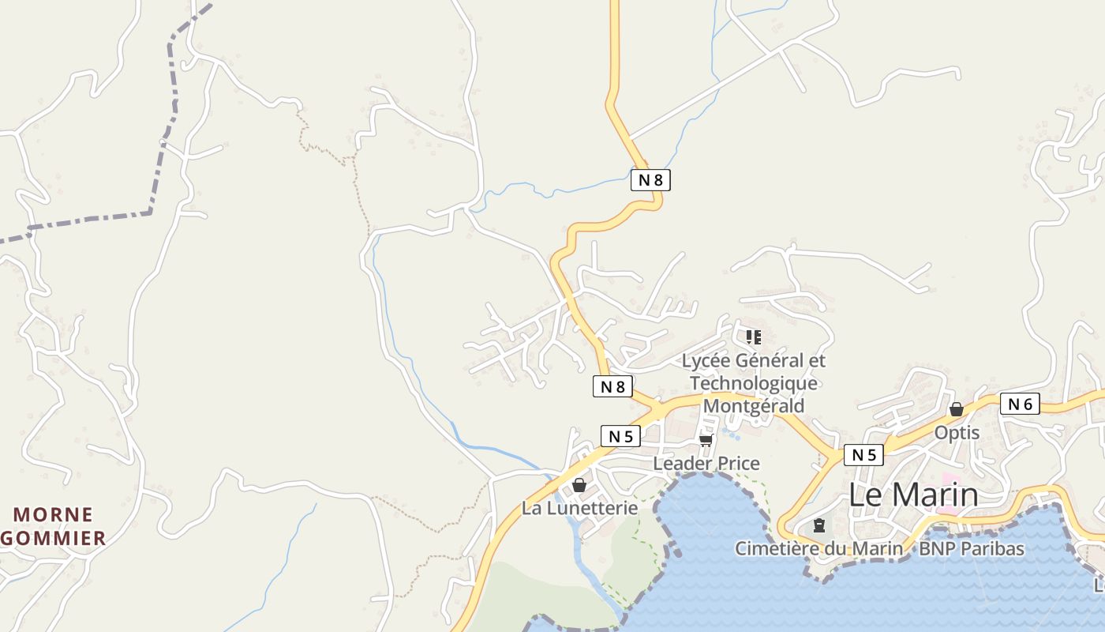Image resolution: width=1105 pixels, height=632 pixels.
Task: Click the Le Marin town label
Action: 913,495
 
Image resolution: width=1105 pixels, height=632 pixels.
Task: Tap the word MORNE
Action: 53,515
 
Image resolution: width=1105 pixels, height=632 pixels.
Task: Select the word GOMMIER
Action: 53,539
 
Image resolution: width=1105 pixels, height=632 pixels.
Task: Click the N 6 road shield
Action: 1020,404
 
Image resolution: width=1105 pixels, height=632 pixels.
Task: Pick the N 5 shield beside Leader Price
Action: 620,435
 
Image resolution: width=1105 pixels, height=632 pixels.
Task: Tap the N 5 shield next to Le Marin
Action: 863,455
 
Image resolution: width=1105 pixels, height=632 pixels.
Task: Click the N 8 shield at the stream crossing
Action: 650,180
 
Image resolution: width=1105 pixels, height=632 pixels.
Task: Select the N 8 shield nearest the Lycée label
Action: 612,386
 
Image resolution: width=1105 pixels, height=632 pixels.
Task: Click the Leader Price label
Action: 706,464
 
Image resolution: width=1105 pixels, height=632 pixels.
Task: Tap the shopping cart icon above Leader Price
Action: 706,439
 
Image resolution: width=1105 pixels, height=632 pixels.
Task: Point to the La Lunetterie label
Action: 579,508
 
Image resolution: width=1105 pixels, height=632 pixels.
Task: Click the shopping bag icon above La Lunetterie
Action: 579,484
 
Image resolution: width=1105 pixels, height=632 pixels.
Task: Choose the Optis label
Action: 957,433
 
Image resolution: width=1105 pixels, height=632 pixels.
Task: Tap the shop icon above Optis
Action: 957,409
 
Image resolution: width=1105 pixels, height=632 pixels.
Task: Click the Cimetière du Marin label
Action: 818,548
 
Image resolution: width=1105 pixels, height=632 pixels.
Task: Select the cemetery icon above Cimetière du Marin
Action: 819,525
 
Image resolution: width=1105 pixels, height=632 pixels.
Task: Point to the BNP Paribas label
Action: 972,548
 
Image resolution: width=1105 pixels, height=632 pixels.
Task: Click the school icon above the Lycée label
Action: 754,337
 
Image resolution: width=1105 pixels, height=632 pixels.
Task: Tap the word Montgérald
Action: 754,406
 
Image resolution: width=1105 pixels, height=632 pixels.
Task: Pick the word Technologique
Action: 754,383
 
